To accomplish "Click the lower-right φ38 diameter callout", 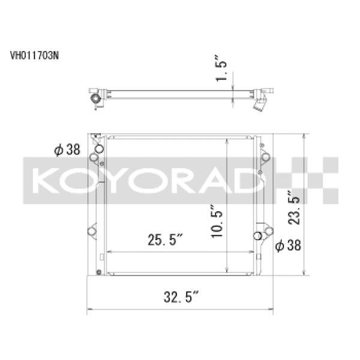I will click(289, 245).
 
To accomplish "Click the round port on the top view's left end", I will click(94, 98).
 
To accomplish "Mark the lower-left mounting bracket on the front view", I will click(93, 231).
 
